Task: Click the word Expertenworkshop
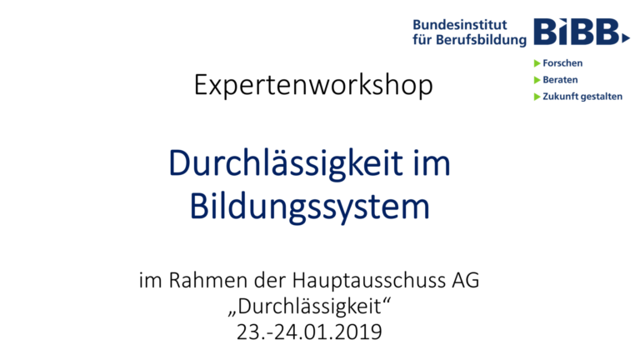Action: pyautogui.click(x=313, y=85)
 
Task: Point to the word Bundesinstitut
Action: pyautogui.click(x=459, y=24)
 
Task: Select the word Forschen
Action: pyautogui.click(x=562, y=63)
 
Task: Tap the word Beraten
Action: pyautogui.click(x=560, y=80)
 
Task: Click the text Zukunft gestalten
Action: pyautogui.click(x=582, y=97)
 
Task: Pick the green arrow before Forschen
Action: pyautogui.click(x=537, y=63)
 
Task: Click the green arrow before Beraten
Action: pyautogui.click(x=537, y=80)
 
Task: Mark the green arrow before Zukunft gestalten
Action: pyautogui.click(x=537, y=97)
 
